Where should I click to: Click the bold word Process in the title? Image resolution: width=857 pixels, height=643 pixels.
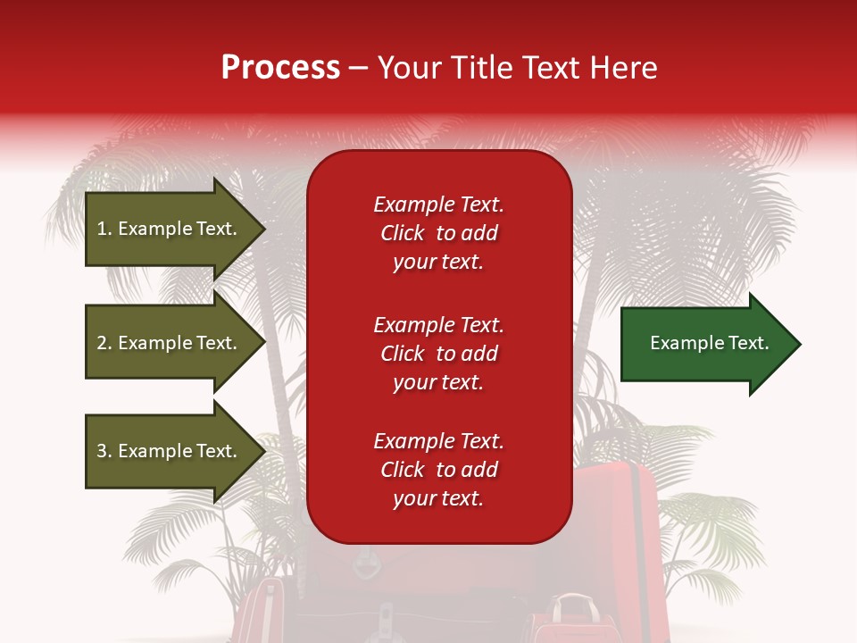[280, 68]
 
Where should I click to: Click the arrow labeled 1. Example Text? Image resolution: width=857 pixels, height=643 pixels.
[170, 229]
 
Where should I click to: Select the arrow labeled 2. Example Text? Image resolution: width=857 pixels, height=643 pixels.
[170, 343]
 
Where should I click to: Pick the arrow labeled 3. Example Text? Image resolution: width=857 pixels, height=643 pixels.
[170, 451]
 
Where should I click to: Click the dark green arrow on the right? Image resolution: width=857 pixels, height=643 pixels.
[705, 344]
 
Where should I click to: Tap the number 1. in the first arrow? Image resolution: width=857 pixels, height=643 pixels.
[104, 229]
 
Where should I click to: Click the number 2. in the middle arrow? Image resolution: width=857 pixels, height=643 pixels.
[104, 343]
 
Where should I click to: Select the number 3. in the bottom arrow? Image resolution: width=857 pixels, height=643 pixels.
[104, 451]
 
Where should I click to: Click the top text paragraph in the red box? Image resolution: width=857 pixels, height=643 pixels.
[438, 233]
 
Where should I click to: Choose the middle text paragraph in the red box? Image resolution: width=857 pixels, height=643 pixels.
[438, 354]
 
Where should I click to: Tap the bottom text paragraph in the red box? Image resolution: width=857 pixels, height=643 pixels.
[438, 470]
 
